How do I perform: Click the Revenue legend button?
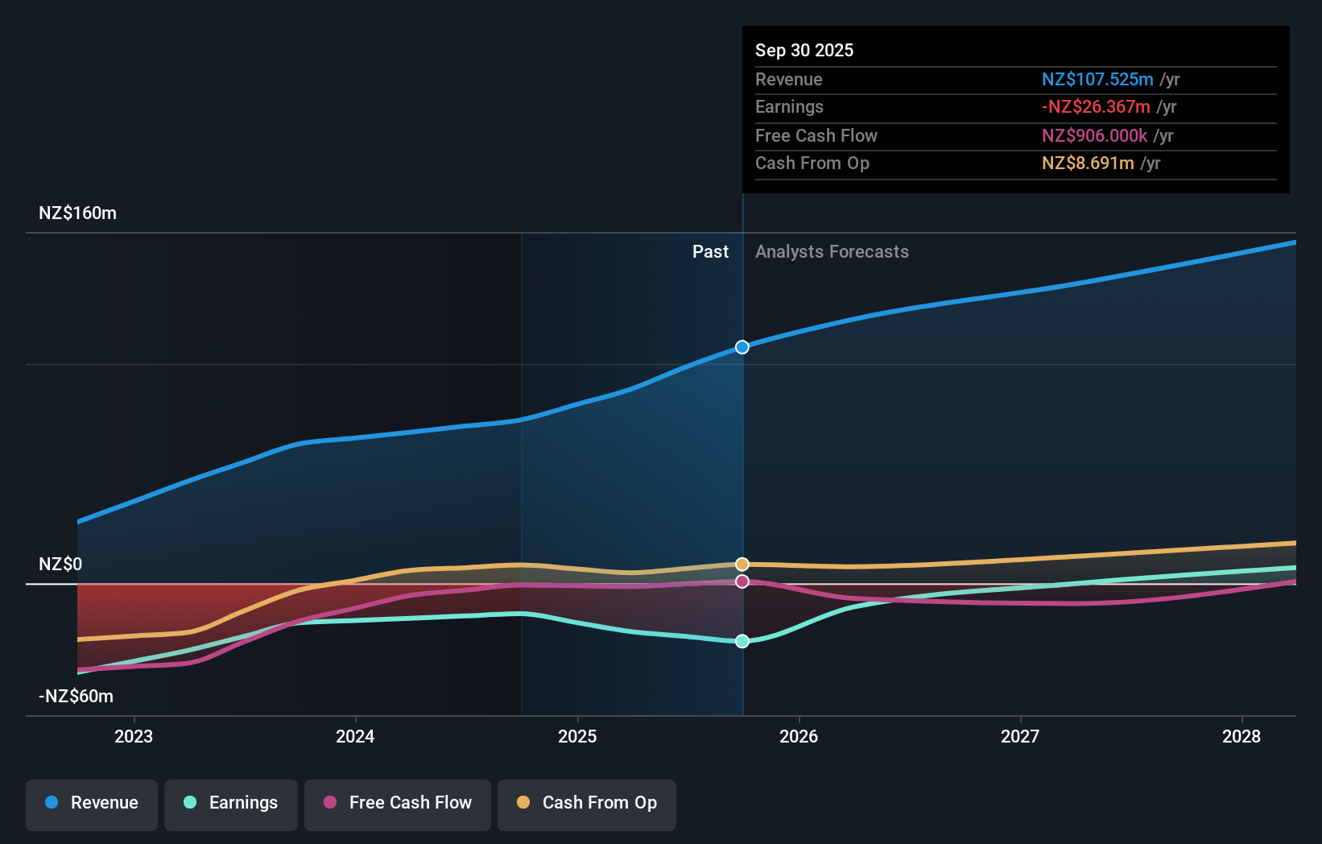(92, 803)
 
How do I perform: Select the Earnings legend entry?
(231, 803)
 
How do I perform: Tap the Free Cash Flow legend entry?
(398, 803)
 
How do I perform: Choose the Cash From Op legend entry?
(587, 803)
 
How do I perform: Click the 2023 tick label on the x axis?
(134, 736)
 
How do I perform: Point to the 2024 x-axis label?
(355, 736)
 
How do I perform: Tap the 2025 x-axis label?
(577, 736)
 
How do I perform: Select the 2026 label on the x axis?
(799, 736)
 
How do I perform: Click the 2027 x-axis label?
(1020, 736)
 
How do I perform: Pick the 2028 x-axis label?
(1241, 736)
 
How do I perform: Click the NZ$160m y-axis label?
(77, 213)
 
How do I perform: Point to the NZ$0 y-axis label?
(60, 564)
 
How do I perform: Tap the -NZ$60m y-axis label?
(76, 697)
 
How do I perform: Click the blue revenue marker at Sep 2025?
(742, 347)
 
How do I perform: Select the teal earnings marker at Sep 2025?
(742, 641)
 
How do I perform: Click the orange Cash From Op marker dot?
(742, 565)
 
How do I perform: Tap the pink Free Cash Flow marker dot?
(742, 581)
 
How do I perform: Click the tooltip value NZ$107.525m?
(1097, 80)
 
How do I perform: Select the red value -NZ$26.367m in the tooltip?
(1096, 107)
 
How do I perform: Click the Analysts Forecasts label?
(832, 252)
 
